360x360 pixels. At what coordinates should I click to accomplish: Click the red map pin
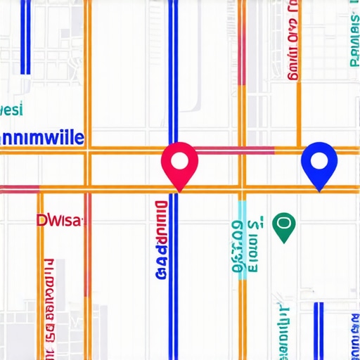pos(179,163)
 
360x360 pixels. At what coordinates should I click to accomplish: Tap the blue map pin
pos(319,163)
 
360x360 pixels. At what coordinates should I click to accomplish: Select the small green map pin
pos(284,226)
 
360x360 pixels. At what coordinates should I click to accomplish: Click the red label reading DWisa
pos(59,221)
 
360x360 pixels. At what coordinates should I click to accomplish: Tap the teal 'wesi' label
pos(11,110)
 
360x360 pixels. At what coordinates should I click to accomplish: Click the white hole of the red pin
pos(179,160)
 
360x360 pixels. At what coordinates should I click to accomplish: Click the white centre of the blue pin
pos(319,160)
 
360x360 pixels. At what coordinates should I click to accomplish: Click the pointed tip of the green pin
pos(284,242)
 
